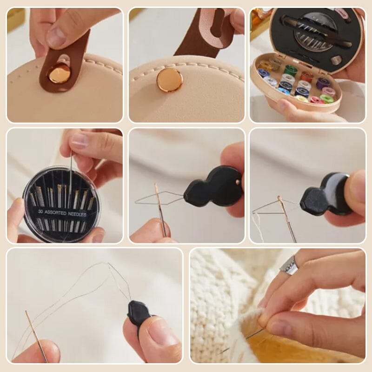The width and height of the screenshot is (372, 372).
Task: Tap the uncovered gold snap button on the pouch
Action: tap(169, 80)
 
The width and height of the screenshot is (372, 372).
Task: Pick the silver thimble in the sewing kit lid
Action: tap(336, 60)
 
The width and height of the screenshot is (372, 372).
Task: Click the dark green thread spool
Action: tap(291, 70)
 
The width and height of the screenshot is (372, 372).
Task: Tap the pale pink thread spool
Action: tap(329, 91)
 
